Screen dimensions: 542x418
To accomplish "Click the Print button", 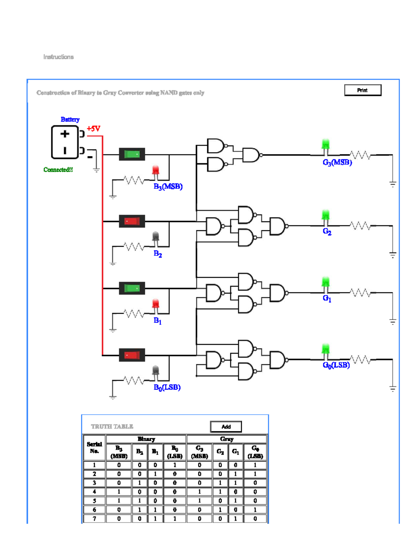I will (x=363, y=90).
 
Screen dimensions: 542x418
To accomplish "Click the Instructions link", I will (x=59, y=57).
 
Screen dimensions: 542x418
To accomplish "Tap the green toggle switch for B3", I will (x=132, y=154).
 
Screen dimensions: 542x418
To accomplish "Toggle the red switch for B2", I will (x=132, y=221).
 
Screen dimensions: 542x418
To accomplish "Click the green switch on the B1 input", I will (x=132, y=288).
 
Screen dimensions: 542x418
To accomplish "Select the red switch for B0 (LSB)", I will (x=132, y=355).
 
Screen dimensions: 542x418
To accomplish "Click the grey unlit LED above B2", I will (x=156, y=237).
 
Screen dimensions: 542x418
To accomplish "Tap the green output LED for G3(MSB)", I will (x=326, y=144).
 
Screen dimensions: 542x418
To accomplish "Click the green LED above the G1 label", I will (x=326, y=282).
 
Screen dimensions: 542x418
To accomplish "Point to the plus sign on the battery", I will (x=65, y=134).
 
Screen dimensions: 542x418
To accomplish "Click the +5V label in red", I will (x=93, y=128).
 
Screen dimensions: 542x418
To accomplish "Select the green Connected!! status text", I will (x=58, y=170).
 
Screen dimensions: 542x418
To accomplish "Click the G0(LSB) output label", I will (x=336, y=365).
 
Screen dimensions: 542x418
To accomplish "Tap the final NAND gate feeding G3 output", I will (x=251, y=155).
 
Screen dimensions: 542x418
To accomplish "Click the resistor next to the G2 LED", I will (x=360, y=226).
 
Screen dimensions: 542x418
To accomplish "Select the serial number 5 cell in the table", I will (x=94, y=500).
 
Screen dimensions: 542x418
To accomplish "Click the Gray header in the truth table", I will (x=227, y=439).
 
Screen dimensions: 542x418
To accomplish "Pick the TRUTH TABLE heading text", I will (x=112, y=426).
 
